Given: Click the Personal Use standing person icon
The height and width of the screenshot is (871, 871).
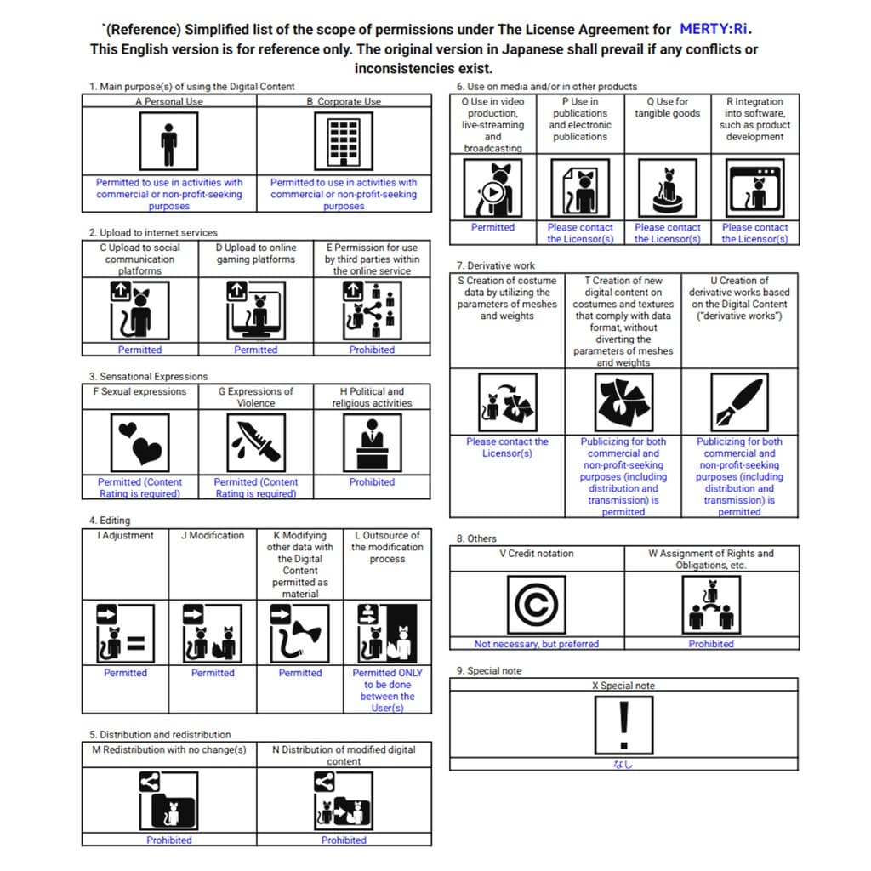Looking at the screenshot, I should click(x=168, y=141).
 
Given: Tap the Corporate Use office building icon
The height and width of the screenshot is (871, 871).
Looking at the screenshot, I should click(x=343, y=141).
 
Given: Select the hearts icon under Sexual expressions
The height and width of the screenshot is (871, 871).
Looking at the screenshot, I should click(x=139, y=442).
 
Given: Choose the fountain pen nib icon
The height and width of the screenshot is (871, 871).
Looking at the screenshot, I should click(x=739, y=402).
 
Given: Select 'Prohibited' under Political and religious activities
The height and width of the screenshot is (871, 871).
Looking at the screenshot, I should click(x=372, y=482).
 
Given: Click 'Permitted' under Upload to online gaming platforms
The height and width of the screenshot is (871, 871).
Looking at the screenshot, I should click(x=256, y=350).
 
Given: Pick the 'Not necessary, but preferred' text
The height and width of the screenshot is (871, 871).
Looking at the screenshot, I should click(x=536, y=644).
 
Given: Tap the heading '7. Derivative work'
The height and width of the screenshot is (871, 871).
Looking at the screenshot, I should click(x=496, y=265).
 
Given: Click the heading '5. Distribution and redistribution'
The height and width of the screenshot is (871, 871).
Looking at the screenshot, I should click(x=160, y=734).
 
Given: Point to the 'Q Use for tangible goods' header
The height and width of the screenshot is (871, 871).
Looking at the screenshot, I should click(x=667, y=107).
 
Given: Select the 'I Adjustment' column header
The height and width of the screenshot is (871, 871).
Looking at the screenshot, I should click(x=125, y=536).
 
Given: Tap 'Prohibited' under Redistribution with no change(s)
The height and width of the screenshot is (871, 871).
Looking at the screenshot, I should click(x=169, y=840).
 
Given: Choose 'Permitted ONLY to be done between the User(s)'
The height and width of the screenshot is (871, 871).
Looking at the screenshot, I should click(x=387, y=690).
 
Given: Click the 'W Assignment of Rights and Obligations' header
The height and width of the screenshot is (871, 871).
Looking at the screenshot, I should click(x=711, y=559).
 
